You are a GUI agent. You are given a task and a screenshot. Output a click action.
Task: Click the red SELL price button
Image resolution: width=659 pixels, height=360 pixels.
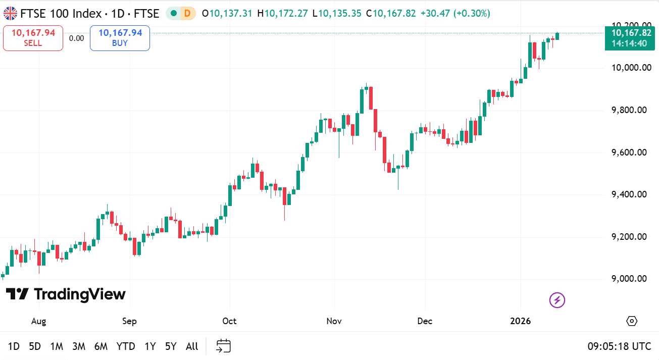coord(33,38)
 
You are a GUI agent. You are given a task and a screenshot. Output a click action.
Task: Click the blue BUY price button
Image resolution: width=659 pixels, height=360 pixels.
coord(120,38)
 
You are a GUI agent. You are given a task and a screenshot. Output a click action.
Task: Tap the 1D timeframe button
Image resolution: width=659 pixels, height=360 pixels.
coord(14,346)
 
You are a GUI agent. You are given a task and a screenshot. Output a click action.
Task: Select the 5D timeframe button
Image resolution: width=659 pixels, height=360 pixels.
coord(35,346)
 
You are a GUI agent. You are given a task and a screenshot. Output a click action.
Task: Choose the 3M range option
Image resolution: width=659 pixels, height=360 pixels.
coord(78,346)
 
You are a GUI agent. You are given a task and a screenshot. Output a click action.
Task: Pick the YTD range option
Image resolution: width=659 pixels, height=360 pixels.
coord(126,346)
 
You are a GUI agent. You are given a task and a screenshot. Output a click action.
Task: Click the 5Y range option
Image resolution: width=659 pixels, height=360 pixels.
coord(171,346)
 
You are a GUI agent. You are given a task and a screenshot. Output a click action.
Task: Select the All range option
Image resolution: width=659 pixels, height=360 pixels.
coord(192,346)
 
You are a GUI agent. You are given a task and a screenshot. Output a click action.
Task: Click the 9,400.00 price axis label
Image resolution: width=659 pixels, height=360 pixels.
coord(629,194)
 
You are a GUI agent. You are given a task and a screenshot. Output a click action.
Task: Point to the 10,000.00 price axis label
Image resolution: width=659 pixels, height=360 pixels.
coord(629,68)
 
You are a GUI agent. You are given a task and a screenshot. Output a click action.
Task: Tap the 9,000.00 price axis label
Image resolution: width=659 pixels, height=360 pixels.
coord(629,279)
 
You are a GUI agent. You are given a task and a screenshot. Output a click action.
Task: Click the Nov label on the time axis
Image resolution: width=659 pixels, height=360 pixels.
coord(334,321)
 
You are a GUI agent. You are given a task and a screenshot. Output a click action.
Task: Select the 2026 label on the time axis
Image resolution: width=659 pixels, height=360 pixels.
coord(521,321)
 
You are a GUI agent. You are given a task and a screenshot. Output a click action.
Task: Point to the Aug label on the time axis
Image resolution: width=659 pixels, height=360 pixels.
coord(38,321)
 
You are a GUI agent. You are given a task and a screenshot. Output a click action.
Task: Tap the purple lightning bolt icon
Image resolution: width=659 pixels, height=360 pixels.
coord(557,300)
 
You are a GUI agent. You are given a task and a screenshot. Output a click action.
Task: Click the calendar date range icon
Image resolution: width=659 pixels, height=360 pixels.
coord(223,346)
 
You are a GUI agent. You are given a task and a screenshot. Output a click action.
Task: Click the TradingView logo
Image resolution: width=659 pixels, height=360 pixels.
coord(66,294)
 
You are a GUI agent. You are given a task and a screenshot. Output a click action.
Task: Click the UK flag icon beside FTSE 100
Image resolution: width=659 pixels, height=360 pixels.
coord(10,13)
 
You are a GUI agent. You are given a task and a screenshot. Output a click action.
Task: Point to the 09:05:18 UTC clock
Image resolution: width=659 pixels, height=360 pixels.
coord(619,346)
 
